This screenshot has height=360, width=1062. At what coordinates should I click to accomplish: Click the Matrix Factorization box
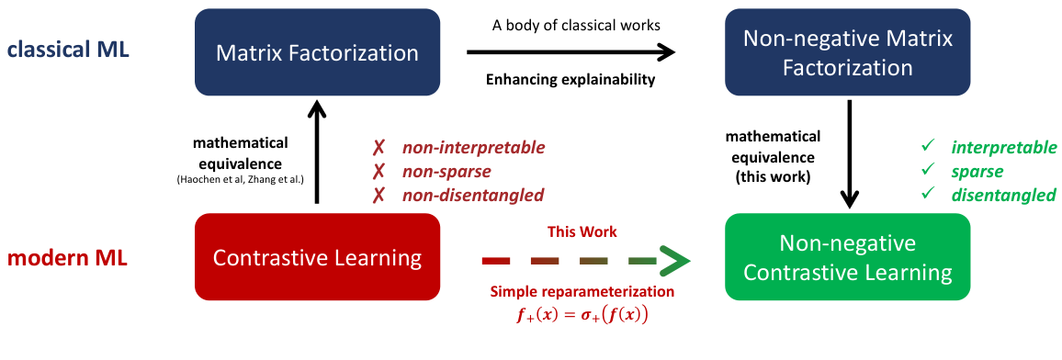(x=317, y=52)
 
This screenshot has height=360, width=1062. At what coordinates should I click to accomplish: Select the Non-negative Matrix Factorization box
(x=847, y=52)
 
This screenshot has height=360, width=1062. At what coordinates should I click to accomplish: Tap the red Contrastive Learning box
(x=317, y=258)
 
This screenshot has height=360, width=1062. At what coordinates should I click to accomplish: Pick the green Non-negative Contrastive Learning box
(x=847, y=258)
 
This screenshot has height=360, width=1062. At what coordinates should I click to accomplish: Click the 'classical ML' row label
(x=68, y=49)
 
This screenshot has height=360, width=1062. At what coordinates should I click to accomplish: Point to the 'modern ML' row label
(x=66, y=258)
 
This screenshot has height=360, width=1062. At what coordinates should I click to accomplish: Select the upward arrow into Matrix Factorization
(x=316, y=152)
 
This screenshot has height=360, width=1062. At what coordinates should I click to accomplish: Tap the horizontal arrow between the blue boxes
(x=570, y=53)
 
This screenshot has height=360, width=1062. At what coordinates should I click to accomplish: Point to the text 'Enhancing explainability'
(x=570, y=79)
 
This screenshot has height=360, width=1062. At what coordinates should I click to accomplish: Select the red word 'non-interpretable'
(x=473, y=147)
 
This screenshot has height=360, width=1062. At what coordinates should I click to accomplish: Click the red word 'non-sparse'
(x=446, y=171)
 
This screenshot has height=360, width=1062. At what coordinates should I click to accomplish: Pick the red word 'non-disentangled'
(x=472, y=195)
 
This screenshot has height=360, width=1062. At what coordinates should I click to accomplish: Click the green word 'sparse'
(x=977, y=171)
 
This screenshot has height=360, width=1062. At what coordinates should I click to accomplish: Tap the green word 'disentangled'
(x=1003, y=195)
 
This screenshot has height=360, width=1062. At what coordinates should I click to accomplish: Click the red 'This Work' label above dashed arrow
(x=582, y=231)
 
